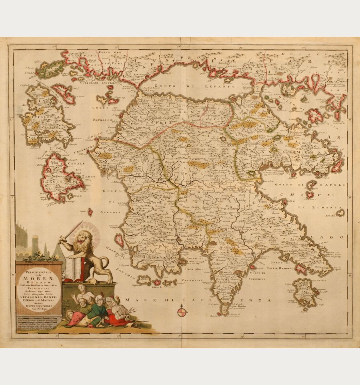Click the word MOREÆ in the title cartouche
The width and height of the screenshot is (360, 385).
coord(39,281)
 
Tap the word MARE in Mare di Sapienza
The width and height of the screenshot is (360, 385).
coord(134,300)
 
